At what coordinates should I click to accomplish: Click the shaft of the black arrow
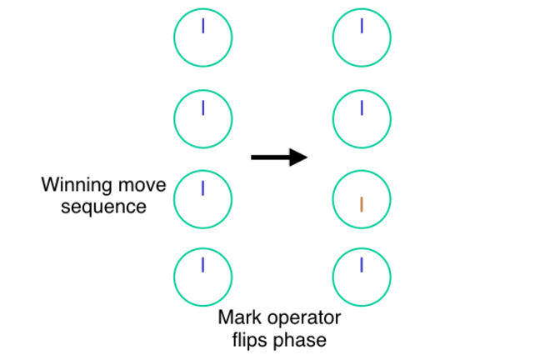click(271, 156)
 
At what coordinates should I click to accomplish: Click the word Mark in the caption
click(237, 317)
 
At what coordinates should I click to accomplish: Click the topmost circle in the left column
click(202, 37)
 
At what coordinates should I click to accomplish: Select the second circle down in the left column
click(202, 117)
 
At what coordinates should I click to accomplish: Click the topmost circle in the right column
click(362, 37)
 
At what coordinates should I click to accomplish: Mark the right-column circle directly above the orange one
click(362, 117)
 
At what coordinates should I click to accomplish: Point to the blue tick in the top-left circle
click(202, 27)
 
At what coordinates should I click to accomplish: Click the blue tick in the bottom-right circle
click(362, 265)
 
